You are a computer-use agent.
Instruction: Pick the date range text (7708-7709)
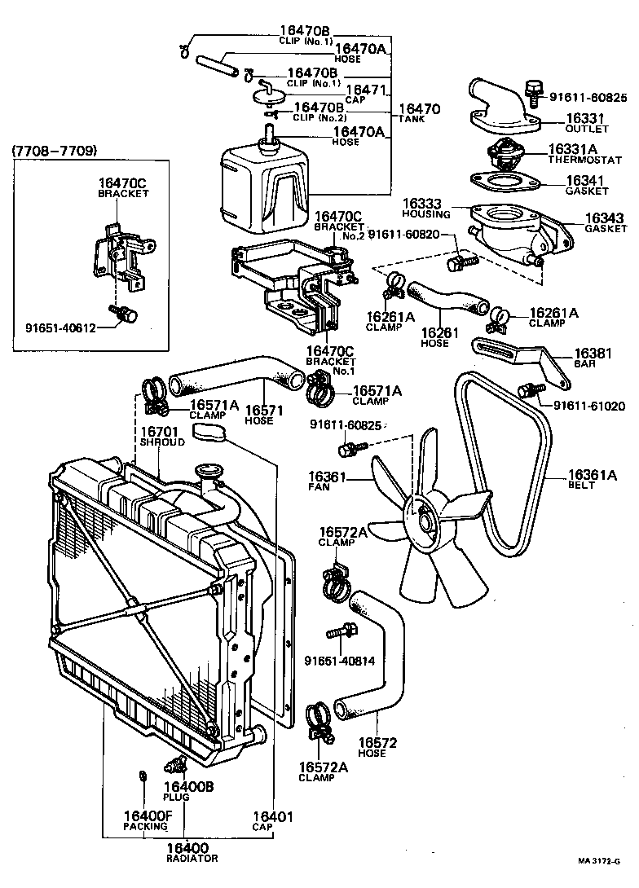[x=54, y=151]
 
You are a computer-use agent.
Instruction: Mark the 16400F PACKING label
[x=147, y=820]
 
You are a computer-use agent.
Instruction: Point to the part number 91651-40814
[x=340, y=660]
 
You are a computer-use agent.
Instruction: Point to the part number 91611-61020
[x=588, y=405]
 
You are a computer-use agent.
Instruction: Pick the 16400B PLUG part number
[x=188, y=787]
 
